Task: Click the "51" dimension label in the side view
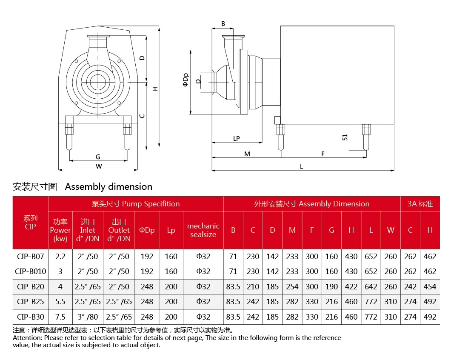(x=345, y=137)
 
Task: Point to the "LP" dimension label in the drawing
(x=237, y=138)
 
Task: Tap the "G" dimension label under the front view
(x=98, y=157)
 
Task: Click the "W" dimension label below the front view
(x=99, y=166)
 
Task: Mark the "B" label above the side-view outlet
(x=223, y=24)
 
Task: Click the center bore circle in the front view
(x=98, y=81)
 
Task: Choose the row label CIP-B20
(x=30, y=287)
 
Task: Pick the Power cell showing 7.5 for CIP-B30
(x=60, y=317)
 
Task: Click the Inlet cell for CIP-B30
(x=88, y=317)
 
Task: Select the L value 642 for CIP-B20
(x=371, y=287)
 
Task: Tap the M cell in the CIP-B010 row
(x=292, y=271)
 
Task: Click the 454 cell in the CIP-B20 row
(x=430, y=287)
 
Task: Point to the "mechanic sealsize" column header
(x=203, y=230)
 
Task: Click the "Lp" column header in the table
(x=171, y=230)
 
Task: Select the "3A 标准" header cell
(x=420, y=204)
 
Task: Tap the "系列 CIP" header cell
(x=30, y=222)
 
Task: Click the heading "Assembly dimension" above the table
(x=108, y=186)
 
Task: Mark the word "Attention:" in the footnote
(x=27, y=338)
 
